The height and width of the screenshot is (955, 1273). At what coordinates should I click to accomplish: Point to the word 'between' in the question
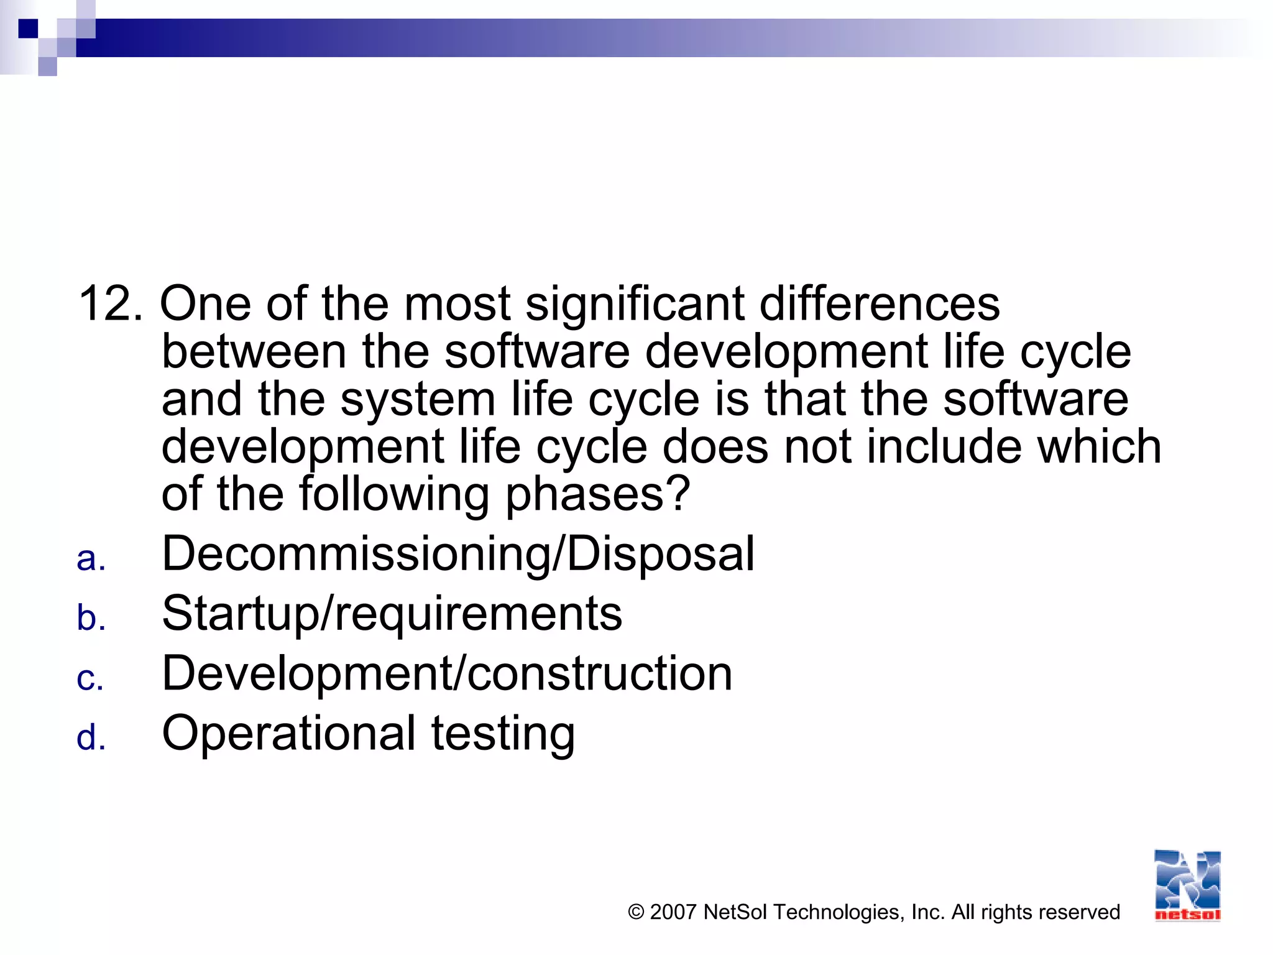[x=254, y=351]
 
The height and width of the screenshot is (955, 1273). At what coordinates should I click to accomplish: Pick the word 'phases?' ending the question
[x=597, y=495]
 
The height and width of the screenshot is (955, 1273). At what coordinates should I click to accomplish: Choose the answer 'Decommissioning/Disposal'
[x=458, y=553]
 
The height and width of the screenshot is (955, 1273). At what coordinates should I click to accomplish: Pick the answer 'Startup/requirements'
[x=392, y=614]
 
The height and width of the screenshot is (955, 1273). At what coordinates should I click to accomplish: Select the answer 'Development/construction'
[x=447, y=673]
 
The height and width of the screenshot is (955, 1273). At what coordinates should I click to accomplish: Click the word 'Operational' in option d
[x=288, y=734]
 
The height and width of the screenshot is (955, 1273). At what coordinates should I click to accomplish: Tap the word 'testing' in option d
[x=503, y=734]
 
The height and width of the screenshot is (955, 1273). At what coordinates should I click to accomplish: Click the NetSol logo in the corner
[x=1187, y=885]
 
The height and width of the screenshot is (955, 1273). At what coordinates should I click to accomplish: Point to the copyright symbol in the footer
[x=636, y=912]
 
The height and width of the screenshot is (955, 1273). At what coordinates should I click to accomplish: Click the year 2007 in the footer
[x=673, y=912]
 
